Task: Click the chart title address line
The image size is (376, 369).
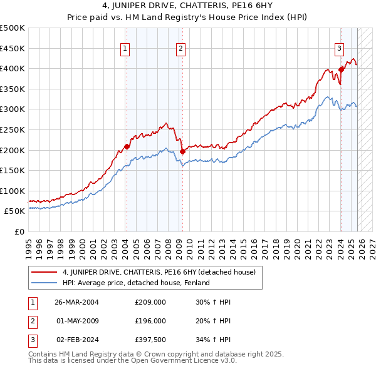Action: point(188,8)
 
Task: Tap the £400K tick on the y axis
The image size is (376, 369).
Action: point(14,68)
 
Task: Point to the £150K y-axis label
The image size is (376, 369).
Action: point(14,170)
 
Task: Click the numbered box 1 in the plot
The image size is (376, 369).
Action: point(125,49)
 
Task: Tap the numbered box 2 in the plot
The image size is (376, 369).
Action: point(180,49)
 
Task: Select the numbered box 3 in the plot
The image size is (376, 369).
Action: point(339,49)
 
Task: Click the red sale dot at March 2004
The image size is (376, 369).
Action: point(127,146)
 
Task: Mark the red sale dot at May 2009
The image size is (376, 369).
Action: point(182,151)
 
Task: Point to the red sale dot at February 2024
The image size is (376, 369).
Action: point(341,69)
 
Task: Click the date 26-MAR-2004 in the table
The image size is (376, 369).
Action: point(77,302)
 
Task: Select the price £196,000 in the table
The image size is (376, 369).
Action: point(150,321)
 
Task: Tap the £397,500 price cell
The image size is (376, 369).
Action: point(150,340)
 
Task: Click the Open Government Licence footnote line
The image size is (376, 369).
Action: point(133,361)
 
